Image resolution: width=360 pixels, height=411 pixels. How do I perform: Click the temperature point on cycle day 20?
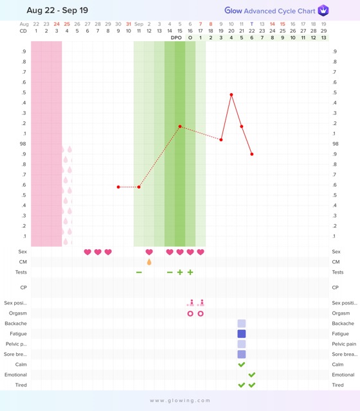231,94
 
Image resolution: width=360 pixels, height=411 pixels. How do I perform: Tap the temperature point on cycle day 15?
180,127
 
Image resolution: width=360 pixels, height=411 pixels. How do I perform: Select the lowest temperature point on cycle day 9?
118,187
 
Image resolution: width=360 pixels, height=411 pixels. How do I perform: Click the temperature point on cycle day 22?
252,154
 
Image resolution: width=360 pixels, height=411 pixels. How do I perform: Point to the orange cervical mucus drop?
149,262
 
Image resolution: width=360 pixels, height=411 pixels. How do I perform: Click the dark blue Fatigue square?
242,334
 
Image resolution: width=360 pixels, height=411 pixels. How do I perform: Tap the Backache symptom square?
242,324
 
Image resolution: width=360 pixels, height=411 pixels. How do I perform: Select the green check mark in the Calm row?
242,364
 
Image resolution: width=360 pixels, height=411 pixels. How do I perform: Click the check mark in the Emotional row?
252,375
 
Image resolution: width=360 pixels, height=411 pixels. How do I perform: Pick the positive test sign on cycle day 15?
180,272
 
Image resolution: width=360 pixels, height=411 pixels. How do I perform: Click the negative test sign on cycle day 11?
139,272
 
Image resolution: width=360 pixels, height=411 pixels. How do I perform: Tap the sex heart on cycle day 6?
87,252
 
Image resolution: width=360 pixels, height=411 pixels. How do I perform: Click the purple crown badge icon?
323,10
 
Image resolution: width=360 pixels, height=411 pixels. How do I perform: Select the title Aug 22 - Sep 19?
57,10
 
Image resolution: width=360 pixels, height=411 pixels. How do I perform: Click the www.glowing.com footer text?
180,400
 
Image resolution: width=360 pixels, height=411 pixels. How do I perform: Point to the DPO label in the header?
176,38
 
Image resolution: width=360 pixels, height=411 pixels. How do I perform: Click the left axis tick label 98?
23,144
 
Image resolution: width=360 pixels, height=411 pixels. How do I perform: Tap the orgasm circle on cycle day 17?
201,313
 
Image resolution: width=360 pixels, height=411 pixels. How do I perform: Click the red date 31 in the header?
129,24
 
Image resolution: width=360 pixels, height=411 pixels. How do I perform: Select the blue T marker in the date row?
252,24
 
